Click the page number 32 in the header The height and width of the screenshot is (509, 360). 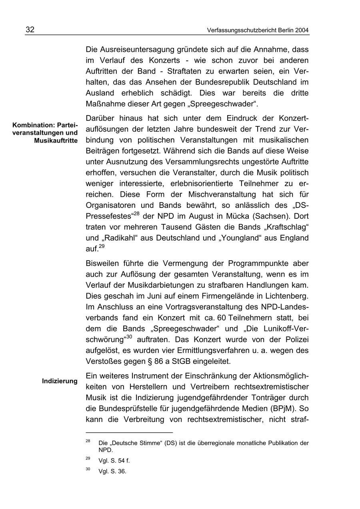tap(30, 30)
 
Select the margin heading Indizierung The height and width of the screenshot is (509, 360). tap(60, 381)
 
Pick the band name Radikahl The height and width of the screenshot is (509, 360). tap(123, 238)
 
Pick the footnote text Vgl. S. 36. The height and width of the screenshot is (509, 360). tap(112, 471)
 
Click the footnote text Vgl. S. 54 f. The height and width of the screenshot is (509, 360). tap(114, 461)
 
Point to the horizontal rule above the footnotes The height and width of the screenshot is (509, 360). tap(129, 433)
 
